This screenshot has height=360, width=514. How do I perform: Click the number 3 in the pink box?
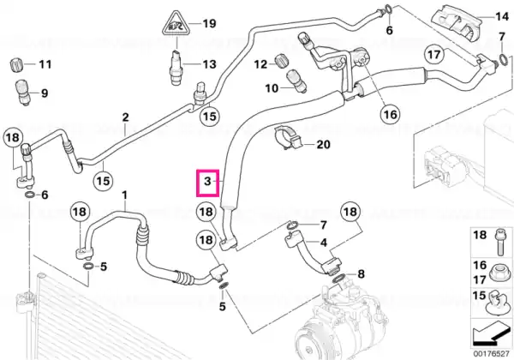coord(207,182)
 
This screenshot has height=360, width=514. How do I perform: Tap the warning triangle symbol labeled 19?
coord(176,24)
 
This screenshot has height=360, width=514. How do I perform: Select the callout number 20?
coord(323,145)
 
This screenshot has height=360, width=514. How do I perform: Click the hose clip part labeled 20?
coord(288,138)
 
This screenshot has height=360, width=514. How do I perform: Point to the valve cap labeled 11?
coord(16,64)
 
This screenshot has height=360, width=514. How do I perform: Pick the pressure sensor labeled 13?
coord(176,68)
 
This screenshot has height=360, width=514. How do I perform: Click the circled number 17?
coord(434,54)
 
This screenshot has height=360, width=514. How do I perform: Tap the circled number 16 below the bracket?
coord(390,114)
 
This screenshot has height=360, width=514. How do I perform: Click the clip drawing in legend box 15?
coord(498,303)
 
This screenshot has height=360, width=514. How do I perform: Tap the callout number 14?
coord(502,16)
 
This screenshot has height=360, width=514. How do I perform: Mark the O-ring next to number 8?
coord(339,278)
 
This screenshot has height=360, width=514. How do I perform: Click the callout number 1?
coord(124,195)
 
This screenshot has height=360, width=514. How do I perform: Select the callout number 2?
coord(125,117)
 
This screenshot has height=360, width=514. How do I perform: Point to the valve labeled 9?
coord(24,92)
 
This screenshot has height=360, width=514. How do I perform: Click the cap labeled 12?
coord(281,59)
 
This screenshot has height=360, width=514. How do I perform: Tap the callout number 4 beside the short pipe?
coord(324,243)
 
